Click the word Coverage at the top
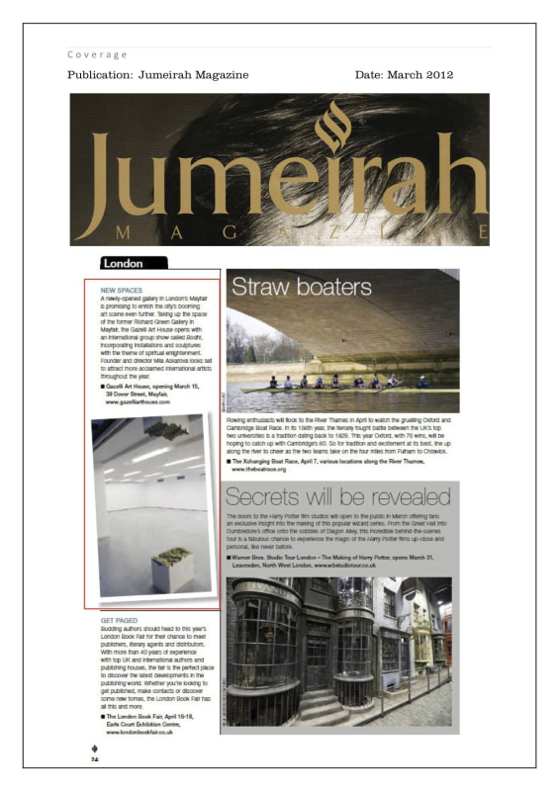tap(98, 54)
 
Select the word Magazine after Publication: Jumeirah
tap(221, 75)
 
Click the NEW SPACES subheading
tap(122, 290)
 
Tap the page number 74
tap(95, 760)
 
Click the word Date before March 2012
tap(371, 75)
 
